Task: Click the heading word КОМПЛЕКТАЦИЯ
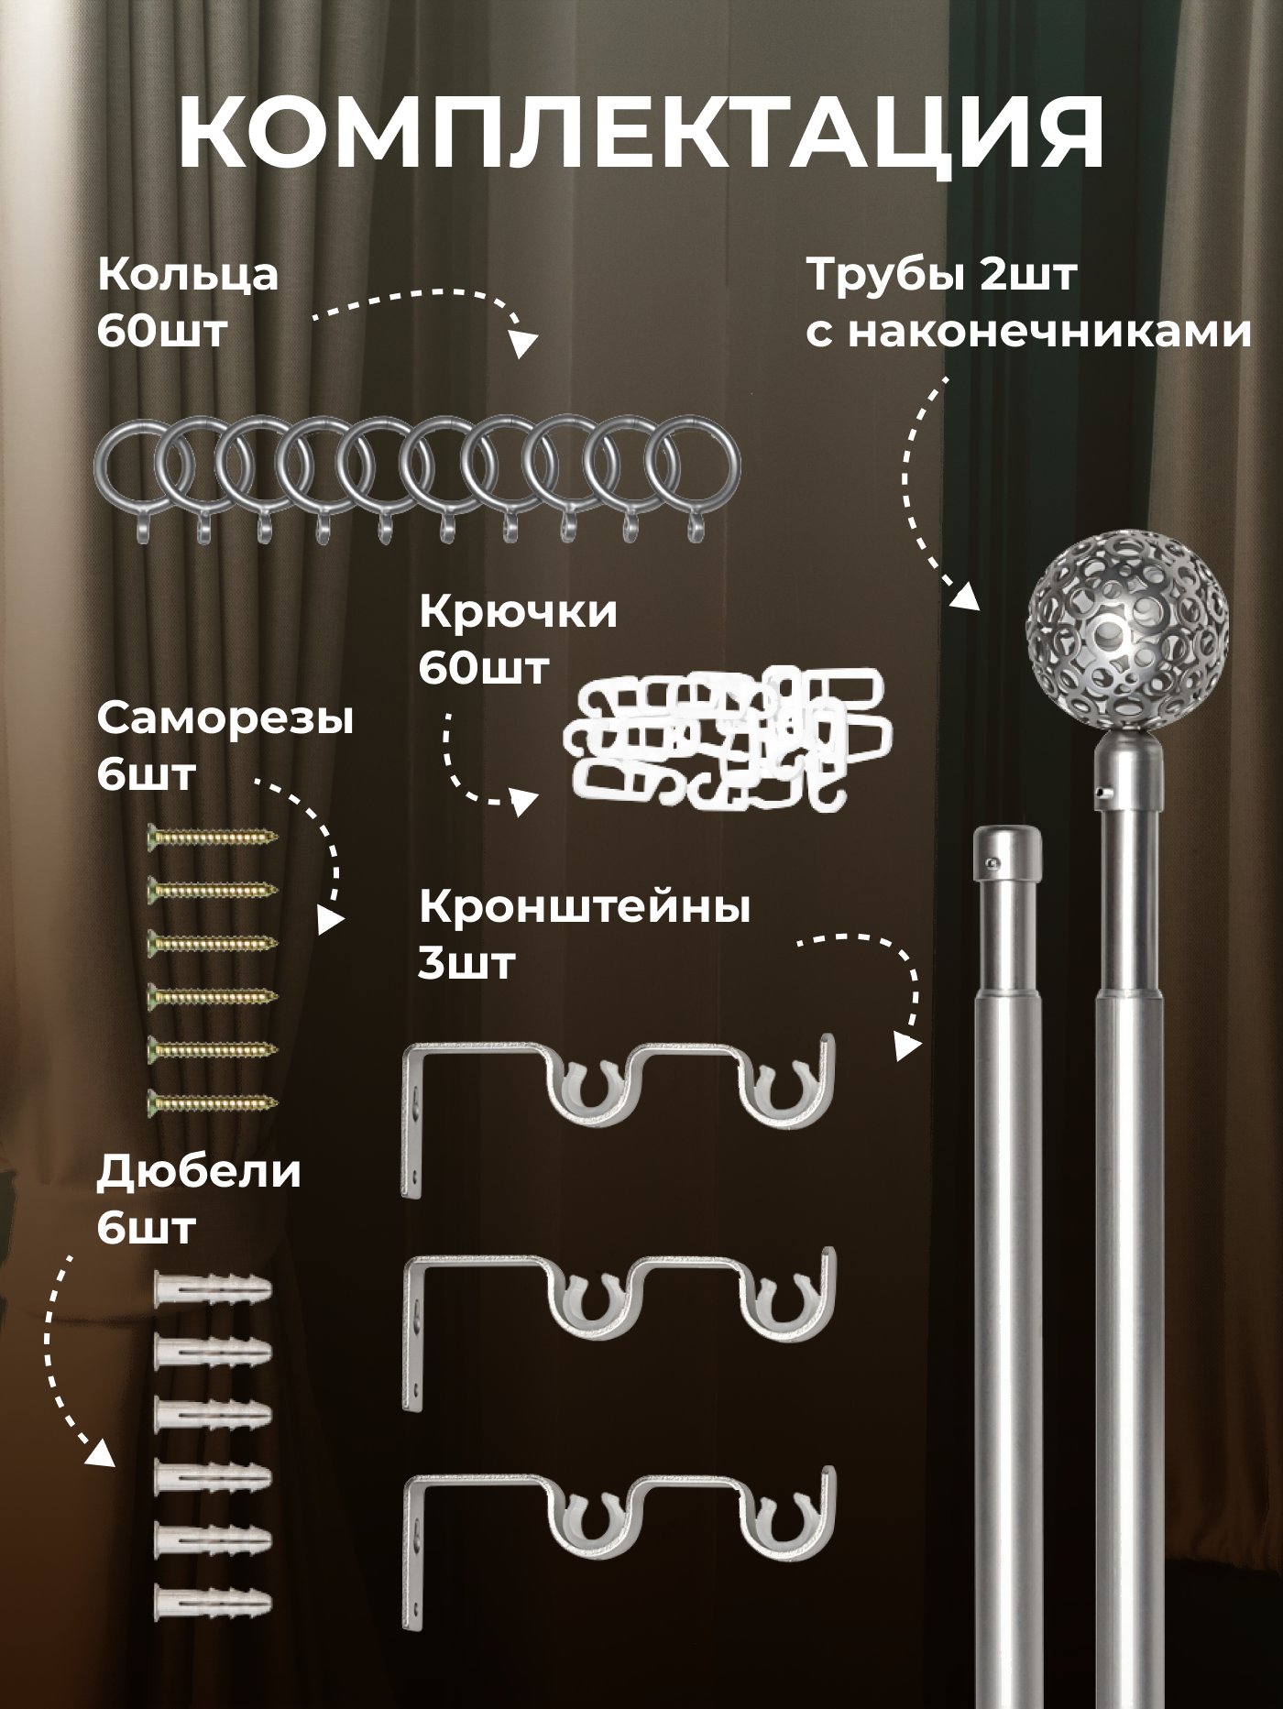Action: coord(641,137)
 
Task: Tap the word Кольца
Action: coord(188,274)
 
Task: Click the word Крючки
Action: coord(518,612)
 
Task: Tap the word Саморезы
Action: coord(225,719)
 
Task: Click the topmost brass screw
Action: coord(213,836)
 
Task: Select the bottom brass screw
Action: coord(213,1101)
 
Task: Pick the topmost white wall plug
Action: coord(213,1289)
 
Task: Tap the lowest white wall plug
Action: coord(213,1603)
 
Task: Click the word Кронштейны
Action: coord(585,907)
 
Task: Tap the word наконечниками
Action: coord(1048,331)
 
